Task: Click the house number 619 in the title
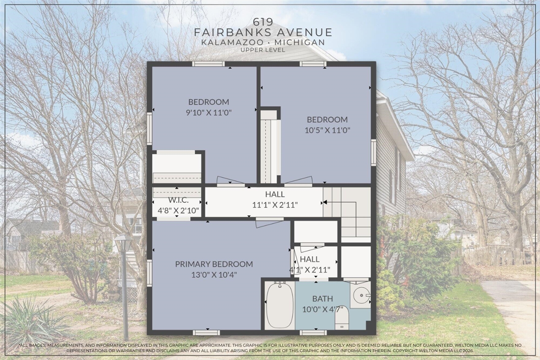262,22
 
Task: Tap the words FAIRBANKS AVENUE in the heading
262,32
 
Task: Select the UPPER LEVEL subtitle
262,50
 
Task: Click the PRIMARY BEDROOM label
214,264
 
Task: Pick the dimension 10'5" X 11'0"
327,130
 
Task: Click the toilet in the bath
342,322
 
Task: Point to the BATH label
322,299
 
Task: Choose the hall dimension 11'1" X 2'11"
275,205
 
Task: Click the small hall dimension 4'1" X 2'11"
310,270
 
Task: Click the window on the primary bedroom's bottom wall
206,332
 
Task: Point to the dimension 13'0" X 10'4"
214,275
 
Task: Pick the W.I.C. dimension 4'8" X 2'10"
178,210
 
